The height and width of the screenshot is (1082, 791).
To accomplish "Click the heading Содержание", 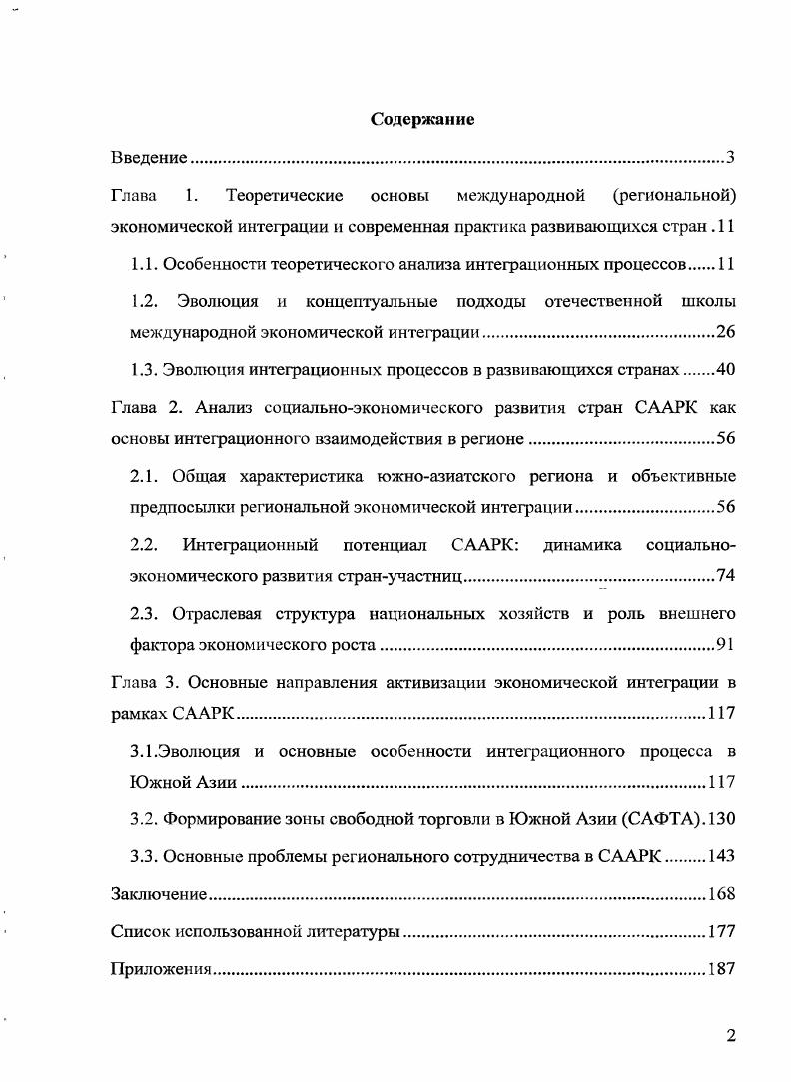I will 422,120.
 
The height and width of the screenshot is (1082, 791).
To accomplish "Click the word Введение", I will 149,158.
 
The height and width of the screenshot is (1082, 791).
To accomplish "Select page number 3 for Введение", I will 731,158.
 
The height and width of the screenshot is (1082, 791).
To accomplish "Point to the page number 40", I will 726,370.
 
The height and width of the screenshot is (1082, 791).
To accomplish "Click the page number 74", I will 726,576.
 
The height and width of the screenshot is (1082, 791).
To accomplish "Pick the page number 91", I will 726,644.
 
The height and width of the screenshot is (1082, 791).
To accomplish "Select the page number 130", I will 720,819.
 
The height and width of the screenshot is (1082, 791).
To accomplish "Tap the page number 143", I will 721,856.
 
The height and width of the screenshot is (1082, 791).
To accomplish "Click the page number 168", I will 721,894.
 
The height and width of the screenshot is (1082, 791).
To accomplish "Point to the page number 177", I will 721,932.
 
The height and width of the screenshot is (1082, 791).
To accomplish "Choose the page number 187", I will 721,970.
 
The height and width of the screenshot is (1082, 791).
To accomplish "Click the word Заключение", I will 158,894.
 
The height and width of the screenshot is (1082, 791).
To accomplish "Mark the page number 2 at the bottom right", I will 731,1036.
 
